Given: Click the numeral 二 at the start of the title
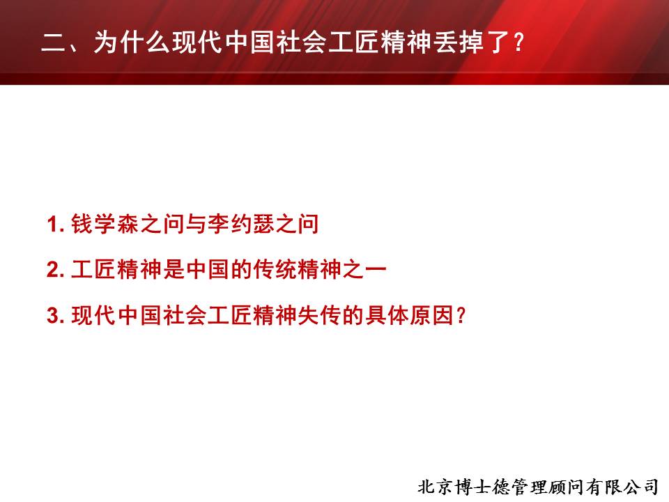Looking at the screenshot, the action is (54, 43).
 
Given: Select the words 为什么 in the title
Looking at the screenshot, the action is (132, 43).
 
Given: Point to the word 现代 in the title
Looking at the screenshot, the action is (197, 43).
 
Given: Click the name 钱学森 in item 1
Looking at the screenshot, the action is (105, 224).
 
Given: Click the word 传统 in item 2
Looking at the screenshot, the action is (275, 270).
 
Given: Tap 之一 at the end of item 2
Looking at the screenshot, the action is (364, 270).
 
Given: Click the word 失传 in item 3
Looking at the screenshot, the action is (320, 315).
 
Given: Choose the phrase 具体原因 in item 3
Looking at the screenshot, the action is (410, 315).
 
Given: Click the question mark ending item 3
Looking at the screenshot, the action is (461, 316).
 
